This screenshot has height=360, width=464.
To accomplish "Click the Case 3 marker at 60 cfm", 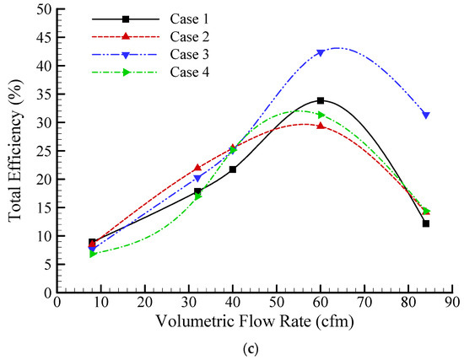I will [321, 53].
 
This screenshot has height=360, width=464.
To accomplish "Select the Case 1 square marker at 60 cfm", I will [321, 100].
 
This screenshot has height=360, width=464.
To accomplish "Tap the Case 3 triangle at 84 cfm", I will [426, 115].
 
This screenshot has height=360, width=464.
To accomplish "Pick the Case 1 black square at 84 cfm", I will [426, 223].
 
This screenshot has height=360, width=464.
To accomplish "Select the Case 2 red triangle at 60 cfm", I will [321, 126].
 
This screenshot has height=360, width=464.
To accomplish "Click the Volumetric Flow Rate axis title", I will [255, 321].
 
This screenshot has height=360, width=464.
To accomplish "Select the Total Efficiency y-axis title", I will [16, 152].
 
